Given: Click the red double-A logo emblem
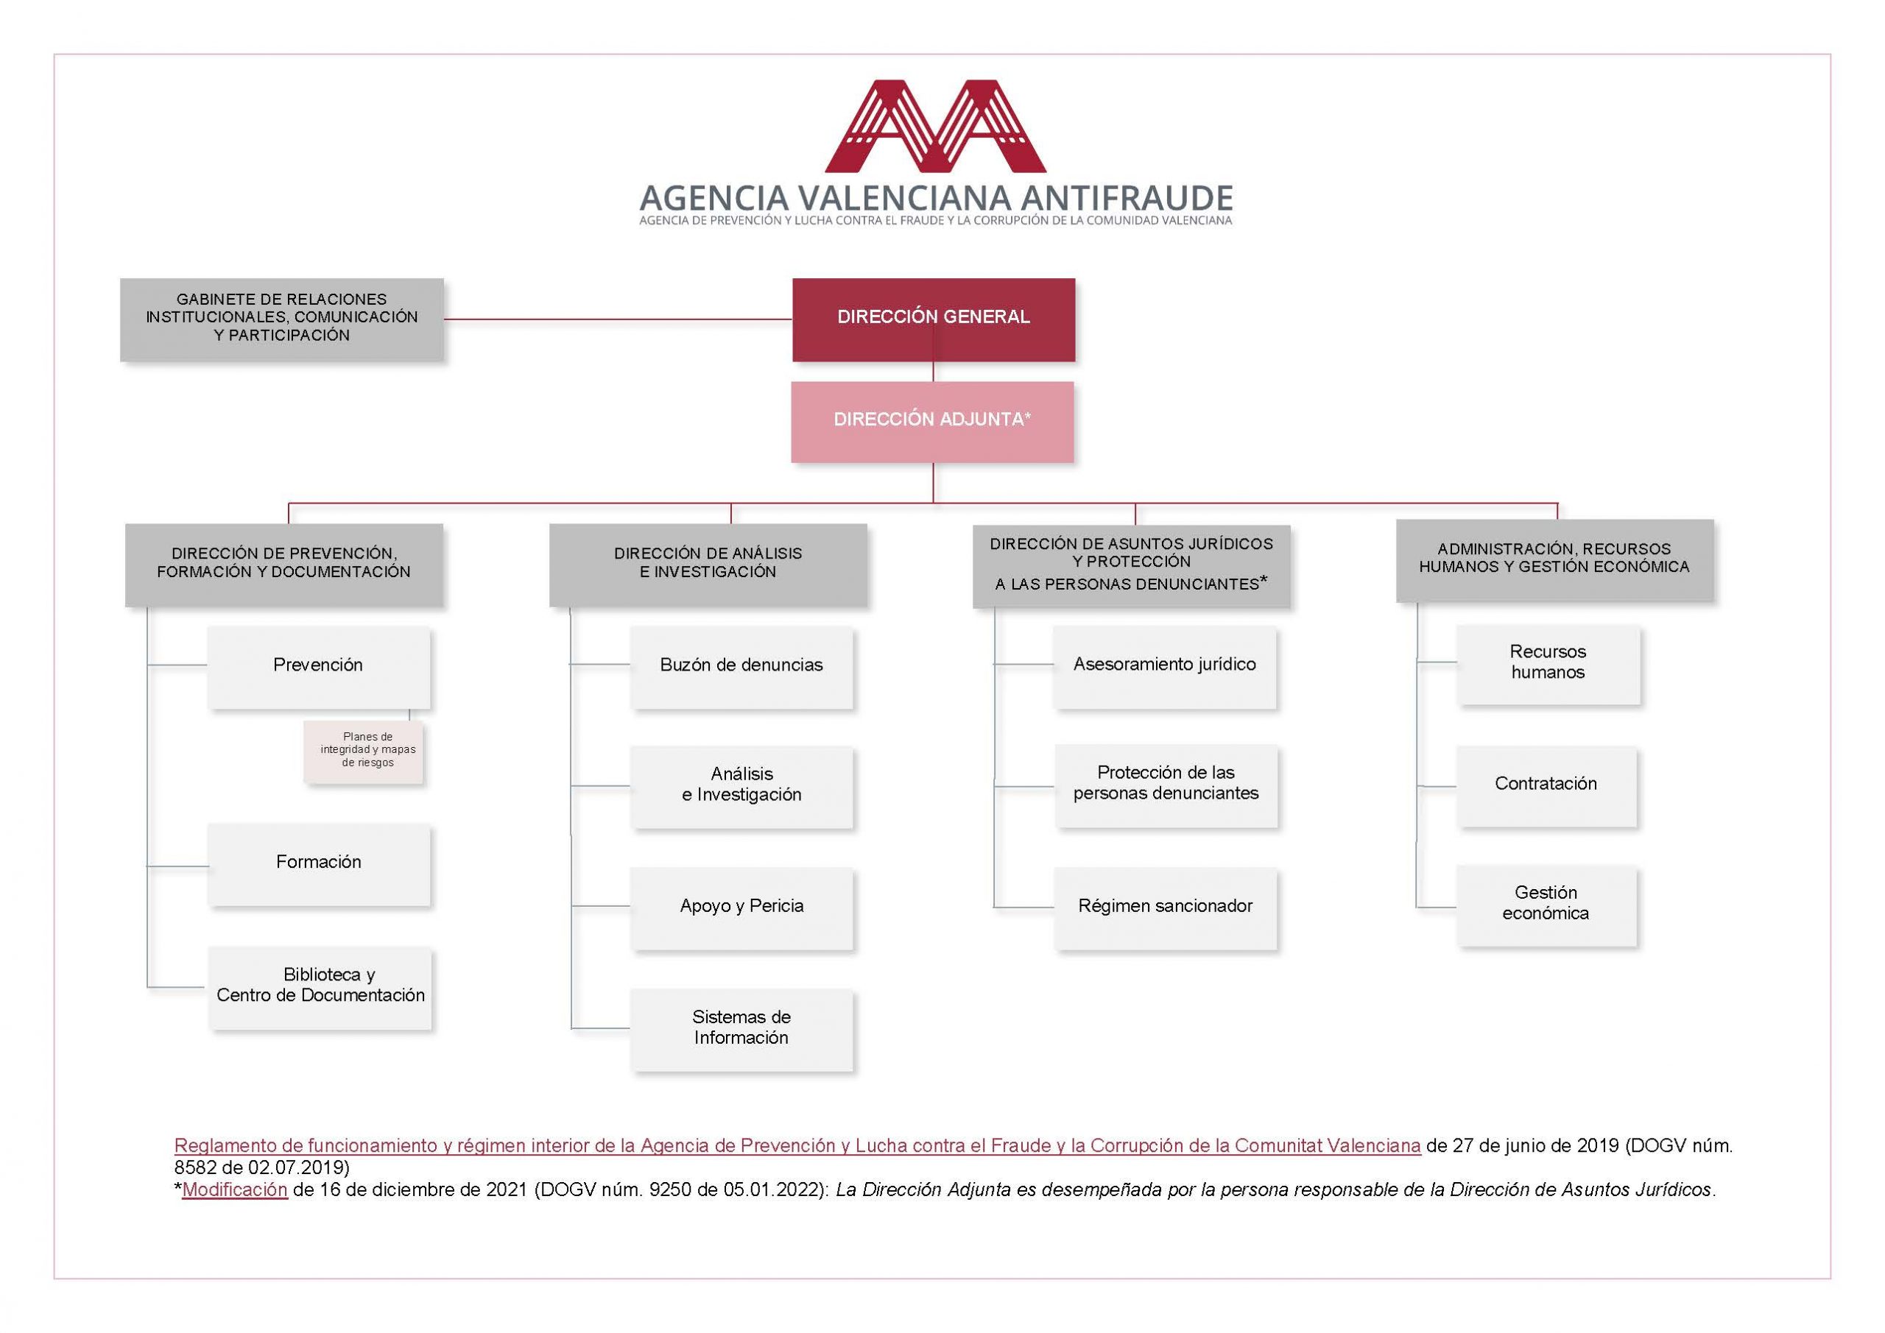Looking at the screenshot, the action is pyautogui.click(x=935, y=127).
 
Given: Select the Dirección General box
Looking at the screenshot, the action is pyautogui.click(x=934, y=319).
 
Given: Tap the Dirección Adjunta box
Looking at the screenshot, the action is pyautogui.click(x=933, y=422).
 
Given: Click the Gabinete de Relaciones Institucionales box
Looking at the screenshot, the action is pyautogui.click(x=281, y=319).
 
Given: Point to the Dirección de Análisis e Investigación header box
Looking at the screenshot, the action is pyautogui.click(x=708, y=565).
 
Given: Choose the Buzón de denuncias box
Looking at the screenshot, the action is pyautogui.click(x=741, y=667).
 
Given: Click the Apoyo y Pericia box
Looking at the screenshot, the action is pyautogui.click(x=741, y=908).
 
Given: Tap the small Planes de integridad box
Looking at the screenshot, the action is pyautogui.click(x=364, y=752).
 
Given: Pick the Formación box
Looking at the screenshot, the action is pyautogui.click(x=319, y=865).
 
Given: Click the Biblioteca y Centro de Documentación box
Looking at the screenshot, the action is pyautogui.click(x=320, y=988).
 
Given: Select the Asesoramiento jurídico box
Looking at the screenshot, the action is pyautogui.click(x=1165, y=667).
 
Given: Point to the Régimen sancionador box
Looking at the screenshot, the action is pyautogui.click(x=1166, y=908).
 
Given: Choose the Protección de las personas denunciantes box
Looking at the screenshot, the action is pyautogui.click(x=1166, y=785).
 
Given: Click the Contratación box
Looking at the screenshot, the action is pyautogui.click(x=1547, y=786).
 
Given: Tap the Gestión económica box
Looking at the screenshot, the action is pyautogui.click(x=1547, y=906).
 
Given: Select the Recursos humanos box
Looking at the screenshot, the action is pyautogui.click(x=1548, y=665).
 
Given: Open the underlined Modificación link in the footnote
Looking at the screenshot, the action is pyautogui.click(x=235, y=1189).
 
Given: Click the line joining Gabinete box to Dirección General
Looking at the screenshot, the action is pyautogui.click(x=619, y=319).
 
